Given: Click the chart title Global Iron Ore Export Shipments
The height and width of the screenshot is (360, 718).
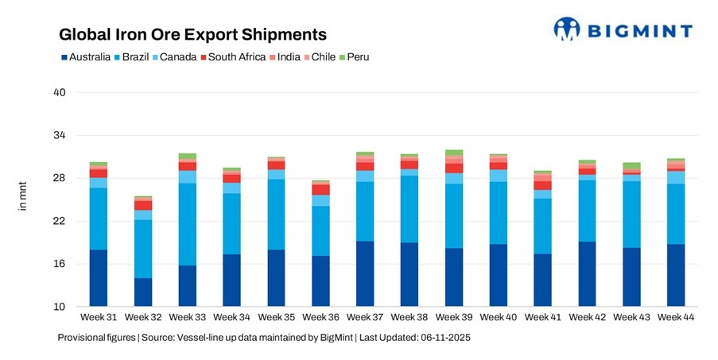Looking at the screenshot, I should [x=193, y=35].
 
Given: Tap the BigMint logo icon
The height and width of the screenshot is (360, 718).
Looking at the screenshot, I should [x=567, y=29].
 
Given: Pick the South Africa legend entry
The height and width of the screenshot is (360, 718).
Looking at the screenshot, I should [x=241, y=57].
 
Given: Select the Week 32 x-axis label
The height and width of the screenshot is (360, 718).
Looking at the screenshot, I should [x=143, y=318].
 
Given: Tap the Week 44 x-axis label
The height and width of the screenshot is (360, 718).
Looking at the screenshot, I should [x=676, y=318].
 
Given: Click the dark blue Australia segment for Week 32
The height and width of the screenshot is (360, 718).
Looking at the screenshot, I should [x=143, y=292].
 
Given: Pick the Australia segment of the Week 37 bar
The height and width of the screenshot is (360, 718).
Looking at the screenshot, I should [x=365, y=273].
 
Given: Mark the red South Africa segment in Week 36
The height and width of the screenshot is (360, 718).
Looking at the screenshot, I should [x=320, y=190].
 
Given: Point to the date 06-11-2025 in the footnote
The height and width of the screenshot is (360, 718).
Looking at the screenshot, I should [x=446, y=338].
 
